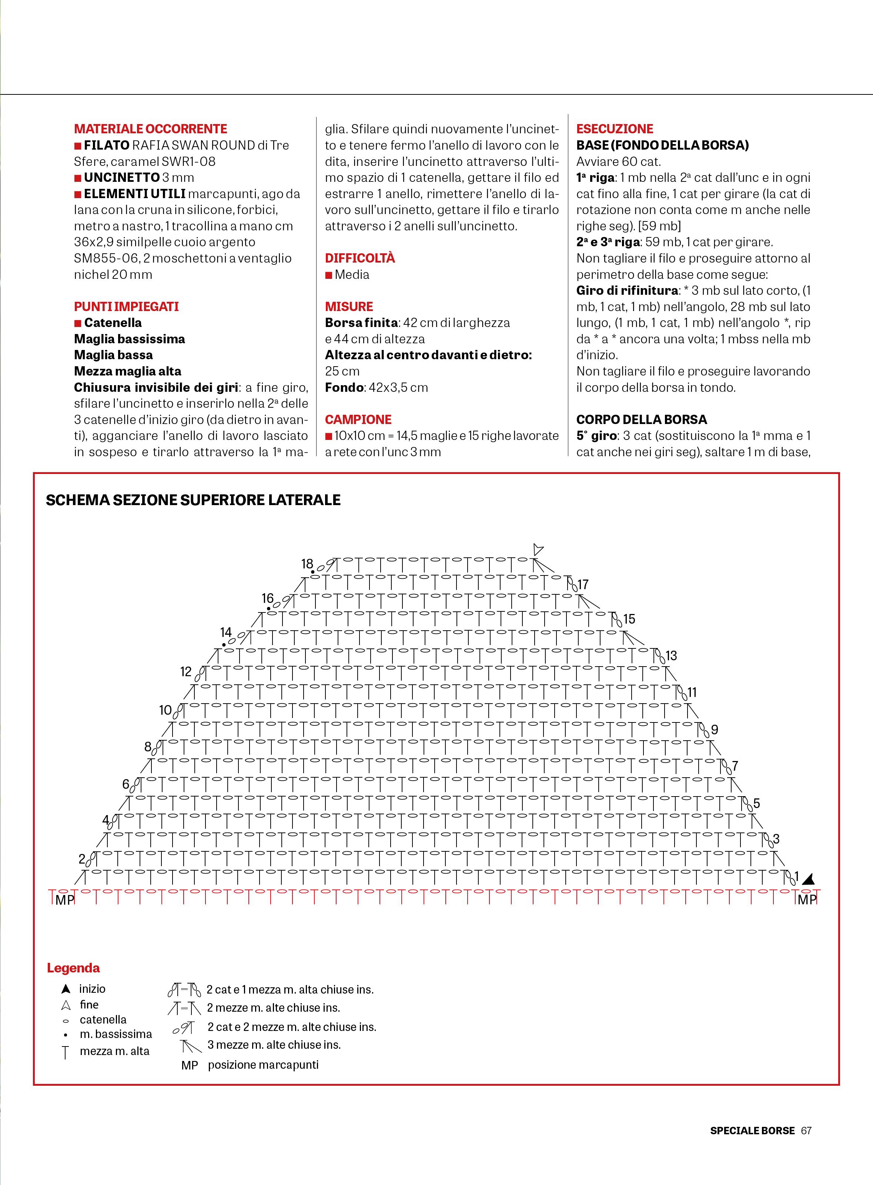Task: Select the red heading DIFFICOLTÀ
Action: [x=359, y=258]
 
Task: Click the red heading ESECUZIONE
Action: [x=614, y=129]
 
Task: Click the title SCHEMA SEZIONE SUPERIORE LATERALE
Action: [x=193, y=500]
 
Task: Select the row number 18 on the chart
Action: [x=307, y=564]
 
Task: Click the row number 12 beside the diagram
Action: [x=185, y=671]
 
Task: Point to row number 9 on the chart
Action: [x=715, y=730]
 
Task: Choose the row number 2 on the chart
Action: [x=82, y=859]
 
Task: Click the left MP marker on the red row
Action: [x=64, y=899]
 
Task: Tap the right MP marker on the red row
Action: [x=807, y=899]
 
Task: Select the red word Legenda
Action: [x=73, y=968]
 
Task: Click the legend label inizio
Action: [x=93, y=988]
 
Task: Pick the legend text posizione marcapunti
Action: [x=263, y=1065]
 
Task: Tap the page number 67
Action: [x=806, y=1131]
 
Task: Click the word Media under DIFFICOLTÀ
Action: [x=352, y=274]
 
